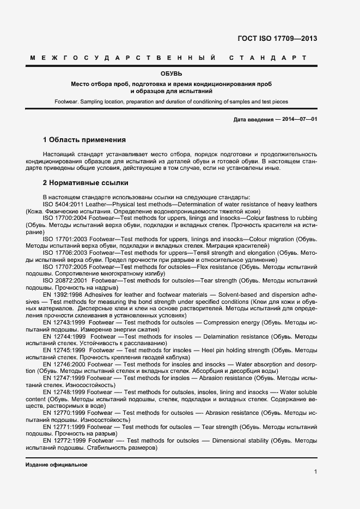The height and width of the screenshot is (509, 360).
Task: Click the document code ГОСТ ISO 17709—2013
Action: [277, 39]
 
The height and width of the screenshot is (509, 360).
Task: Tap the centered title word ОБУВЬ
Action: [171, 73]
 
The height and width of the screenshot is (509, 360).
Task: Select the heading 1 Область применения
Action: [84, 140]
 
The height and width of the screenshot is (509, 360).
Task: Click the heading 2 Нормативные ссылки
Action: [84, 183]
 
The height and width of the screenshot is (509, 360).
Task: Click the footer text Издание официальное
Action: [56, 465]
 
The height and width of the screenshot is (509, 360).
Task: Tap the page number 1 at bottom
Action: [315, 471]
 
